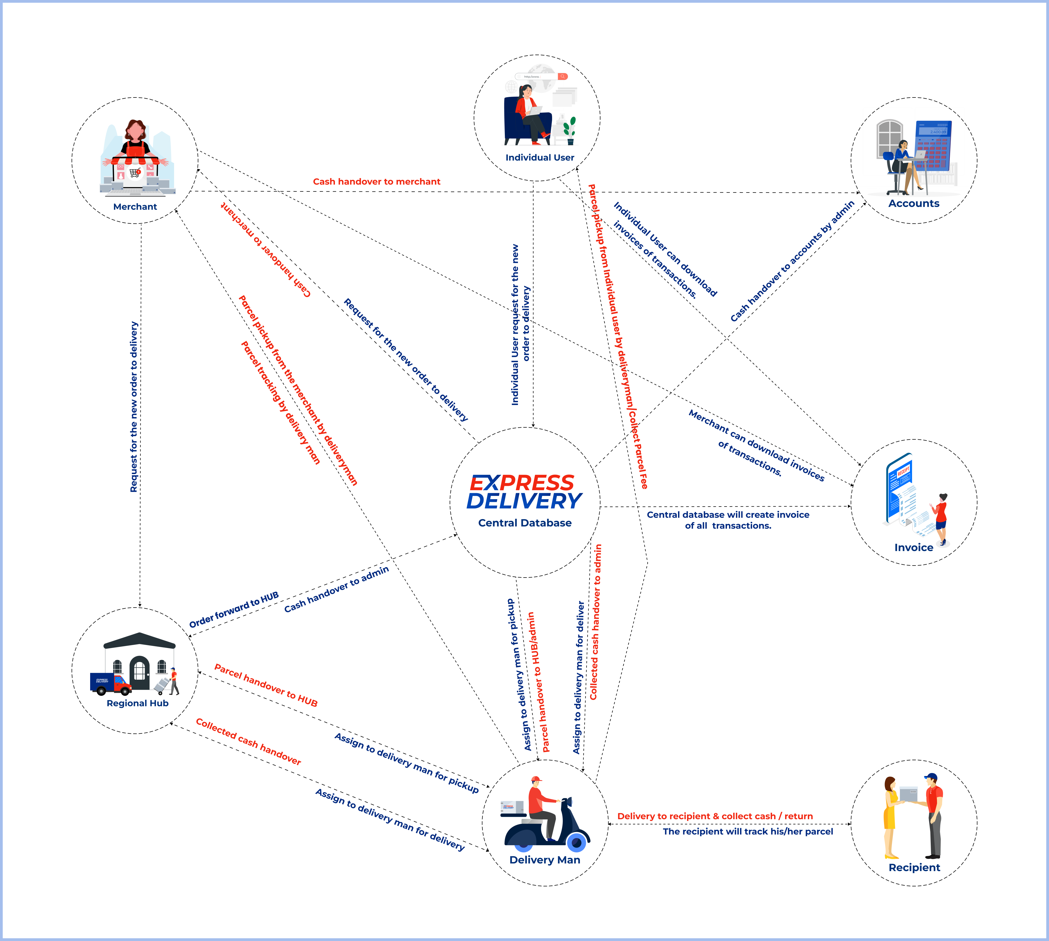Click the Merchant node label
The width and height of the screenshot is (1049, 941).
point(135,207)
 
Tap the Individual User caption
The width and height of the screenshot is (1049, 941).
point(540,158)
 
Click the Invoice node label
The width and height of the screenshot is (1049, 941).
point(914,548)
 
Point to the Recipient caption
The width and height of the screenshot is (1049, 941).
point(914,868)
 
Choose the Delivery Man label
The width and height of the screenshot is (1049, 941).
point(545,860)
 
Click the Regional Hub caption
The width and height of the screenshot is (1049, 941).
point(138,703)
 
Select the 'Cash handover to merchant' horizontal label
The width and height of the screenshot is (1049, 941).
point(376,182)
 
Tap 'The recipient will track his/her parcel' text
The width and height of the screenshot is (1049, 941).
point(748,831)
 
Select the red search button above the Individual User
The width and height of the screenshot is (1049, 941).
point(562,76)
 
